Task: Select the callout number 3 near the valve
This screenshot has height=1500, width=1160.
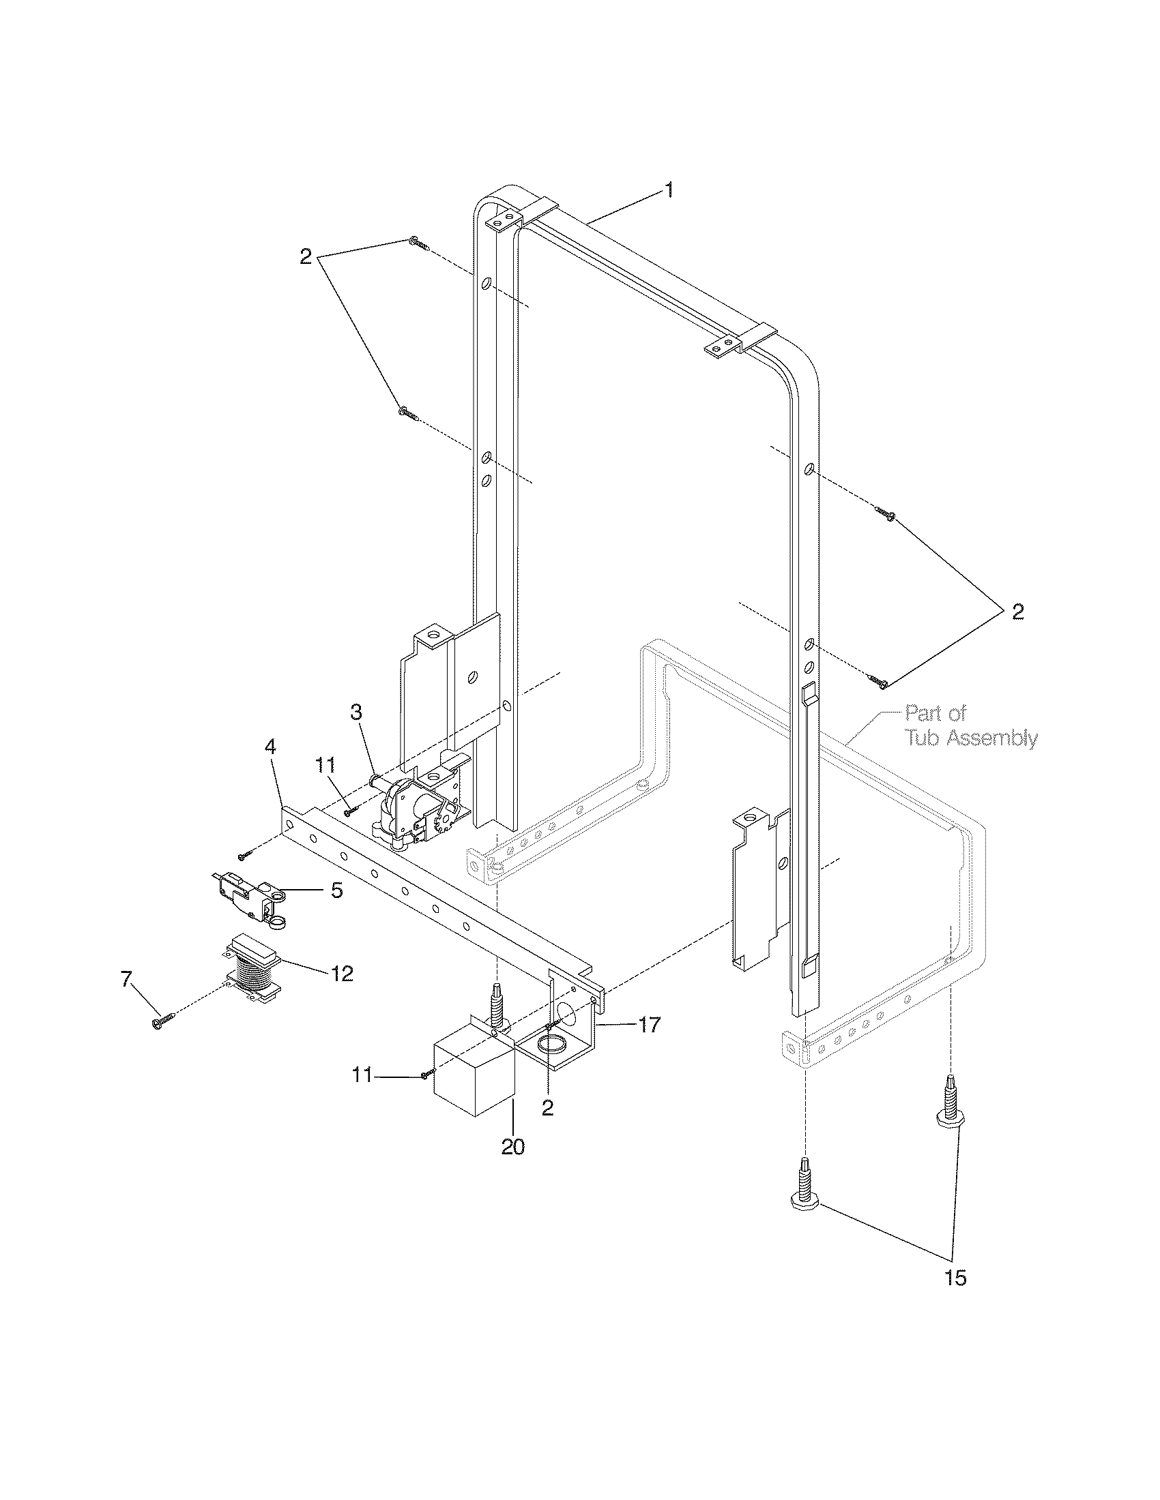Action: (x=356, y=712)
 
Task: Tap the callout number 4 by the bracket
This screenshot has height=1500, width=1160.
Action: (x=271, y=747)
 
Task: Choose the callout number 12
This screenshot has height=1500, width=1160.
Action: (x=342, y=973)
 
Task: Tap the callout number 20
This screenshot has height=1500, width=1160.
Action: (x=512, y=1147)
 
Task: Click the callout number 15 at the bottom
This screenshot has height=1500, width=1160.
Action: (x=956, y=1278)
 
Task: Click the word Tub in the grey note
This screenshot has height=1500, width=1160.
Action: (x=925, y=738)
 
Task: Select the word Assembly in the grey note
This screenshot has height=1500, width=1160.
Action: (x=989, y=738)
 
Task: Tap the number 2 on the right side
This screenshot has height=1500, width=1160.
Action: (x=1017, y=612)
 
